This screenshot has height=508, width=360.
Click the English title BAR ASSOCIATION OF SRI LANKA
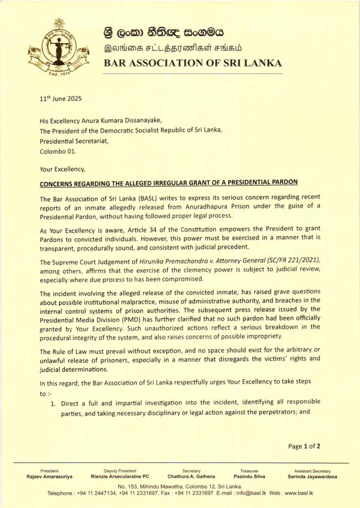click(193, 63)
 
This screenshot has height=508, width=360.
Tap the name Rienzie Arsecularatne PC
click(120, 476)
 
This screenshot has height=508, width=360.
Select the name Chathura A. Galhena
click(191, 476)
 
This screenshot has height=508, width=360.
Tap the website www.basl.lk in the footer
click(313, 492)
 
